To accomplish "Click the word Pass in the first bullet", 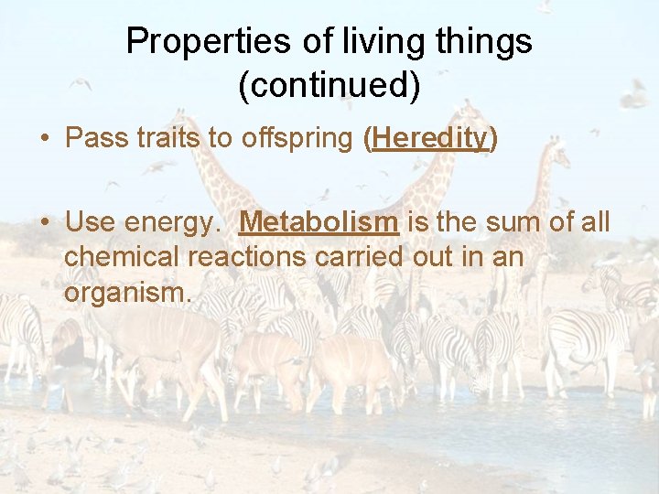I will tap(94, 138).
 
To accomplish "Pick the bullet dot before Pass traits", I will tap(44, 139).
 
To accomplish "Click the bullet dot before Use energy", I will tap(44, 223).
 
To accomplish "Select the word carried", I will tap(358, 257).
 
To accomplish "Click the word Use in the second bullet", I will tap(89, 222).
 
